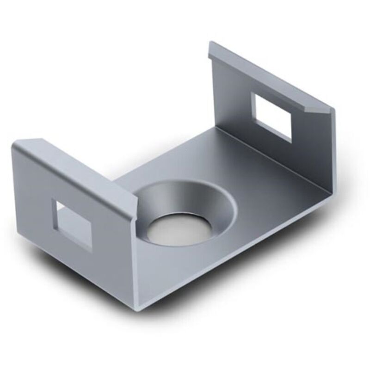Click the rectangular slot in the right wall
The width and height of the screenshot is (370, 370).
point(272,116)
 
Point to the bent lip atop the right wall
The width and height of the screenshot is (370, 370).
point(268,74)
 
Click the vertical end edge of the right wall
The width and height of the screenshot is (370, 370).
point(331,148)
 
